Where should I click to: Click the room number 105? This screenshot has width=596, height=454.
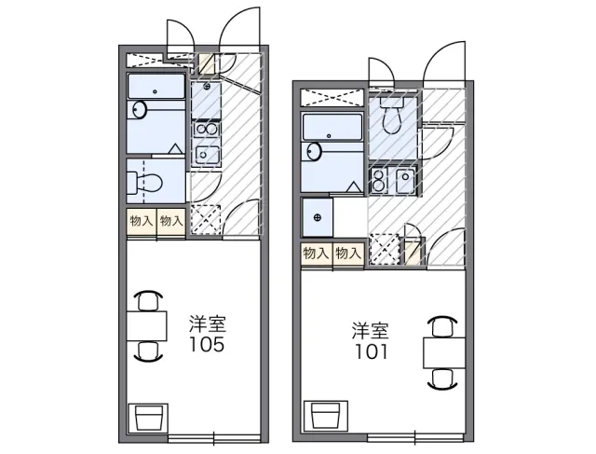pyautogui.click(x=207, y=344)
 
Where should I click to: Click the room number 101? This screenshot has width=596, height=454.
pyautogui.click(x=371, y=351)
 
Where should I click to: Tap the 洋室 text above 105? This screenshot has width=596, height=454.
pyautogui.click(x=208, y=323)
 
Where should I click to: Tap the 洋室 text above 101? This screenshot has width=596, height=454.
pyautogui.click(x=371, y=331)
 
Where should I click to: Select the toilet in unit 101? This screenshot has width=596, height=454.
pyautogui.click(x=392, y=115)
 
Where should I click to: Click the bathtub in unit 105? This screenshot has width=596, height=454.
pyautogui.click(x=156, y=87)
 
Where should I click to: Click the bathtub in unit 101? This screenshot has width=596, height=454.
pyautogui.click(x=332, y=127)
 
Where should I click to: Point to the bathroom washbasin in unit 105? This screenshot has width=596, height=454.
pyautogui.click(x=140, y=110)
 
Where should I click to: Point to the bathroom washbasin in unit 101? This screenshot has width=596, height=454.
pyautogui.click(x=315, y=152)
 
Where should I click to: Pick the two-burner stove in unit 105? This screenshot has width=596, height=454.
pyautogui.click(x=206, y=130)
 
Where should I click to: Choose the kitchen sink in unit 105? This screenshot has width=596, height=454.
pyautogui.click(x=207, y=155)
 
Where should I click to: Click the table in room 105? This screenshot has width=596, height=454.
pyautogui.click(x=147, y=325)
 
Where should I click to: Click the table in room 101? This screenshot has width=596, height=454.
pyautogui.click(x=444, y=352)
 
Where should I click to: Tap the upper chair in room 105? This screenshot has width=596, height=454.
pyautogui.click(x=148, y=299)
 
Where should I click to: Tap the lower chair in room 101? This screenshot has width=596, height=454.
pyautogui.click(x=442, y=379)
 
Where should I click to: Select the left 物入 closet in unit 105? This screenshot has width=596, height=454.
pyautogui.click(x=142, y=222)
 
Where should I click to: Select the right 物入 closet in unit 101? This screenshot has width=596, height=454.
pyautogui.click(x=348, y=253)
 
